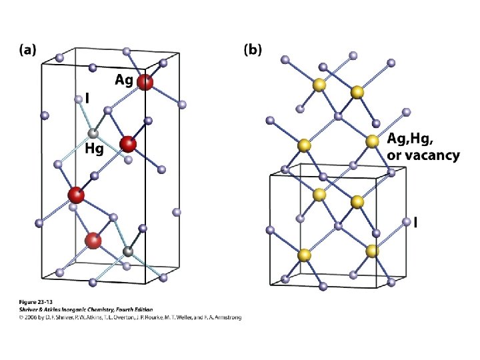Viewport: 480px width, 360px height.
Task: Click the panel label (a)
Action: coord(27,49)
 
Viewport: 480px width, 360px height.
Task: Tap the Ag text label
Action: coord(123,79)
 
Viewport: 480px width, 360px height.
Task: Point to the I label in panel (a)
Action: coord(87,99)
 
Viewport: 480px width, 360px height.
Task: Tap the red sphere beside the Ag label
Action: coord(145,83)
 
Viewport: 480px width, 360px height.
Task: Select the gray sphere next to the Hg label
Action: coord(94,134)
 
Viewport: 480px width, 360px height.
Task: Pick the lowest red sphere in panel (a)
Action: coord(93,240)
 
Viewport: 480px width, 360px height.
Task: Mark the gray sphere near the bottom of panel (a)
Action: coord(128,251)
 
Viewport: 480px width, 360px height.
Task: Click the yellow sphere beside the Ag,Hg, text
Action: coord(372,141)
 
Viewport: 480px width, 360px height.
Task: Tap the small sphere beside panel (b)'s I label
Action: coord(406,221)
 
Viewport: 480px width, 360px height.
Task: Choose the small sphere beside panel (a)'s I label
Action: coord(78,99)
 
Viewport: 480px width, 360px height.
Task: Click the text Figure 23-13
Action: coord(34,302)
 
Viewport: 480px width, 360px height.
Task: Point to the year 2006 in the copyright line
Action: coord(29,317)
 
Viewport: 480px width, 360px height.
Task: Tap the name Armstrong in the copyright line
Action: coord(225,317)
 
